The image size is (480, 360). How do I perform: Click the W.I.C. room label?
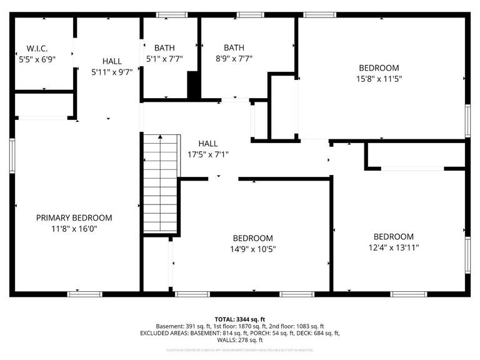tap(37, 48)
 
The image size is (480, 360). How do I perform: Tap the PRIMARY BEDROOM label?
tap(74, 218)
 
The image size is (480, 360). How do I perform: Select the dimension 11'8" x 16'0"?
tap(74, 229)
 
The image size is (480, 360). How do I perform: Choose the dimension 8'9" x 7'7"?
tap(234, 59)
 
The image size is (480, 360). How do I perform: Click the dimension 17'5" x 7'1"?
tap(208, 154)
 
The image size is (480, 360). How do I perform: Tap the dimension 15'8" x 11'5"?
tap(378, 79)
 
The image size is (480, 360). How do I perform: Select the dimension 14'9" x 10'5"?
tap(252, 249)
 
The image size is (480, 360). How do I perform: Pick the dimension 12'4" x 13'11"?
tap(393, 247)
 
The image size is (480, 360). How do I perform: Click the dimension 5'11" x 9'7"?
tap(112, 72)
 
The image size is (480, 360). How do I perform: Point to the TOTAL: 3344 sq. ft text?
tap(240, 319)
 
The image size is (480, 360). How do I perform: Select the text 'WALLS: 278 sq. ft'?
tap(240, 341)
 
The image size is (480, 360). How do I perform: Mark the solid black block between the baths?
tap(194, 86)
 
